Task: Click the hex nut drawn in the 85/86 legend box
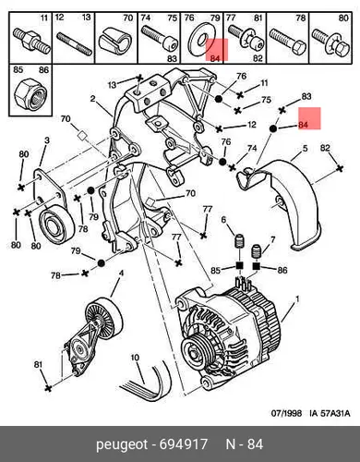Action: [30, 94]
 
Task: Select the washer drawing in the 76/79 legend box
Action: [201, 40]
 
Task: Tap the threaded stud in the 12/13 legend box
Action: [74, 44]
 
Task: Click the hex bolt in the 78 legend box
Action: [288, 43]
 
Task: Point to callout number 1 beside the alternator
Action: [297, 298]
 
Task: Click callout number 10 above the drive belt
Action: [135, 358]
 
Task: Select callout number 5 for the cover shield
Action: [305, 148]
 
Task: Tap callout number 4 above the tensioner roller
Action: [121, 273]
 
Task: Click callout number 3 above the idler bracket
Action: [47, 140]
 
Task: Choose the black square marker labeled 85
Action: [240, 265]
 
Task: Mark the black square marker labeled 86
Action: [257, 265]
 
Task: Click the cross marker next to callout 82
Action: [340, 168]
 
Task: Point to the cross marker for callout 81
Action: [48, 388]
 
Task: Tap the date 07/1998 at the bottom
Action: [286, 413]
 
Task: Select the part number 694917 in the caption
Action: [184, 444]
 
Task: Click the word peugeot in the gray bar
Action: [122, 445]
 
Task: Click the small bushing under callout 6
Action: [239, 241]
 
